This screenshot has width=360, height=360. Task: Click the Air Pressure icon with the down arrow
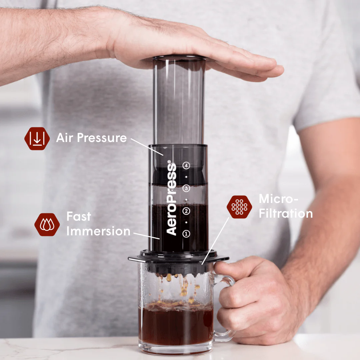click(x=37, y=138)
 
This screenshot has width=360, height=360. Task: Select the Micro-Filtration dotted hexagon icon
click(x=239, y=207)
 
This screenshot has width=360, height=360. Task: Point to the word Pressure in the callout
click(x=105, y=138)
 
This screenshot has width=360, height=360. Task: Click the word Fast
click(x=79, y=217)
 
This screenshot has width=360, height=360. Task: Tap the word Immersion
click(x=98, y=231)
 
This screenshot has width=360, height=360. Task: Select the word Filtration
click(x=286, y=214)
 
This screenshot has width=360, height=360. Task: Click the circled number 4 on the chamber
click(x=186, y=165)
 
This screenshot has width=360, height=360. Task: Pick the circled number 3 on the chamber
click(x=186, y=189)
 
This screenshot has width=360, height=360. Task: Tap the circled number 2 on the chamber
click(x=186, y=211)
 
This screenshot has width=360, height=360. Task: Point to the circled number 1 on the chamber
click(x=186, y=234)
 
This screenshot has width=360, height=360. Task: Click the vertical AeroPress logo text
click(x=171, y=199)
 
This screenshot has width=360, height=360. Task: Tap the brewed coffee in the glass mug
click(x=176, y=325)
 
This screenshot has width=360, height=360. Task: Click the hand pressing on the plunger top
click(x=187, y=50)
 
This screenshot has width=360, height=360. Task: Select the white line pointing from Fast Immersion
click(x=147, y=236)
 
